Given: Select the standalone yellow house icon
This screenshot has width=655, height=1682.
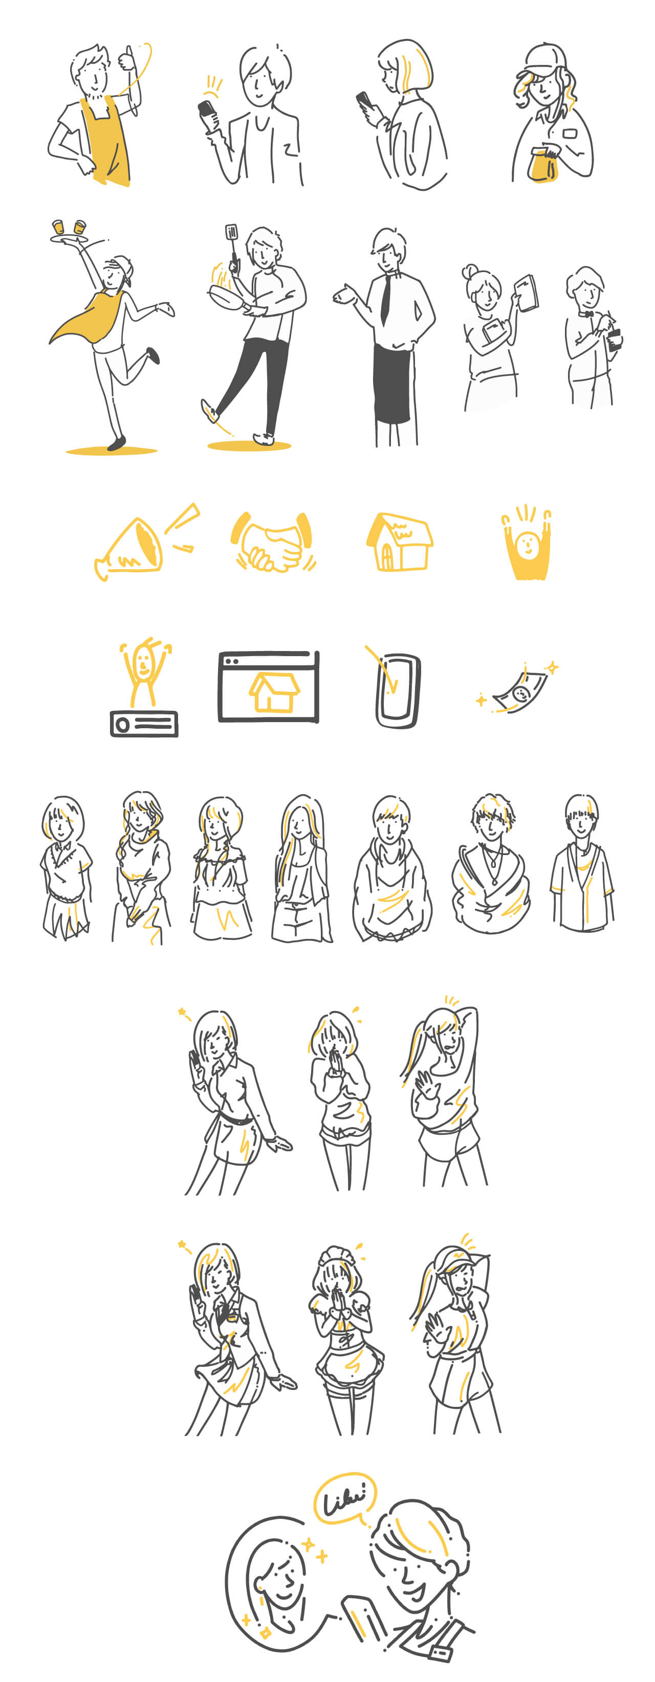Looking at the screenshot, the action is click(x=400, y=542).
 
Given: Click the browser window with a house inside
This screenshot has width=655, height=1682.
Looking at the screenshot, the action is click(x=269, y=686).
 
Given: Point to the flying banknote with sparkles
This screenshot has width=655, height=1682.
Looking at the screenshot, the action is click(x=520, y=689).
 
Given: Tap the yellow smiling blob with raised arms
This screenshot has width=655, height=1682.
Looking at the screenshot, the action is click(x=527, y=545).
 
